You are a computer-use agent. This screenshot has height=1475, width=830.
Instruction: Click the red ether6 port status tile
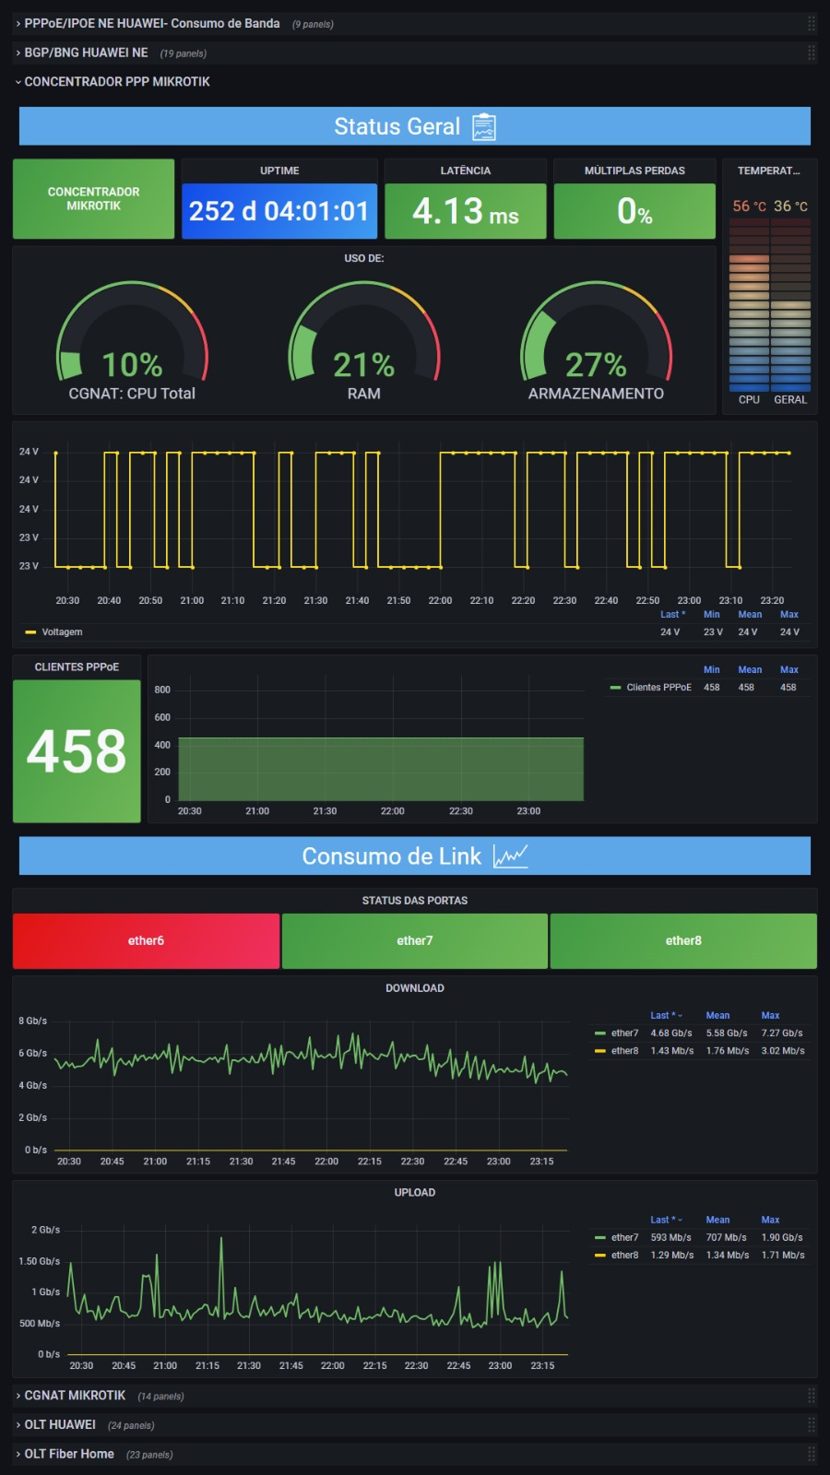[x=146, y=940]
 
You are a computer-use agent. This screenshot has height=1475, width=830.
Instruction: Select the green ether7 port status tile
[x=414, y=940]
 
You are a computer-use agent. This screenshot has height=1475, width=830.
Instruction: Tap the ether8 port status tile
[x=683, y=940]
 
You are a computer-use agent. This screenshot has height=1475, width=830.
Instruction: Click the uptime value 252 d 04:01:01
[x=279, y=211]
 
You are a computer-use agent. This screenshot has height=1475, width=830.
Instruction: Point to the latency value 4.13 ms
[x=465, y=211]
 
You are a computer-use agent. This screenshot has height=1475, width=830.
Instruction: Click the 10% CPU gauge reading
[x=133, y=365]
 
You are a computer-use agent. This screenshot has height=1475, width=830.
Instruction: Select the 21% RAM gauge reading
[x=363, y=365]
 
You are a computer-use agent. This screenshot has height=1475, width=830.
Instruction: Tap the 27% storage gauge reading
[x=596, y=365]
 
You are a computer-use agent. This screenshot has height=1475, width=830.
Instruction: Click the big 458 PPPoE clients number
[x=77, y=751]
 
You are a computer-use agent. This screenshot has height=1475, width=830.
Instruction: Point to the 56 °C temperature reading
[x=749, y=206]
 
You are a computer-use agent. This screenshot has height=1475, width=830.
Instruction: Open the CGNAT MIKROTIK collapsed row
[x=75, y=1396]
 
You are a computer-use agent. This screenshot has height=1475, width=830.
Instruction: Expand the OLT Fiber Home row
[x=69, y=1454]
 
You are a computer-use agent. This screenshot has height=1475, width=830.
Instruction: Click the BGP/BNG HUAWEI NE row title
[x=87, y=53]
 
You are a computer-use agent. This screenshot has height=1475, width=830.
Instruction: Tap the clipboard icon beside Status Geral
[x=484, y=126]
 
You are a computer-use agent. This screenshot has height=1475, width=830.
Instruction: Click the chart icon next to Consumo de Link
[x=511, y=856]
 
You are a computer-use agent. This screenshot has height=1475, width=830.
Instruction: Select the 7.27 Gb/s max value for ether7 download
[x=782, y=1033]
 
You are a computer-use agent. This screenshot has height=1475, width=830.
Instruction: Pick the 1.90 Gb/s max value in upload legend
[x=782, y=1237]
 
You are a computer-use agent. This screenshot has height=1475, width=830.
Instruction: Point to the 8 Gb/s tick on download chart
[x=33, y=1021]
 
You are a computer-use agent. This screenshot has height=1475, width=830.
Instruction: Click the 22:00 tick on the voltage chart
[x=440, y=600]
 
